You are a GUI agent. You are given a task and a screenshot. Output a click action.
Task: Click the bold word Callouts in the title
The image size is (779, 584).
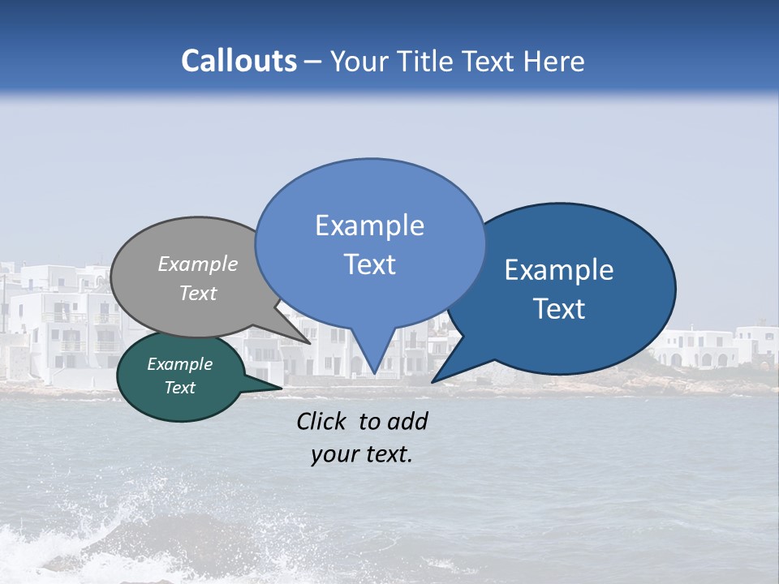point(239,61)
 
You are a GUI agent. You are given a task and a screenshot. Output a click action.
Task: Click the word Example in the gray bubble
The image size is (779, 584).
point(198,264)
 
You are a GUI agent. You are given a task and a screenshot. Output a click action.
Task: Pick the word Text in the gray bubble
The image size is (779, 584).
point(198,293)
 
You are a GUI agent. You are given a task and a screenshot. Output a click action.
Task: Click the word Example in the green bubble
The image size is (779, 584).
point(180,364)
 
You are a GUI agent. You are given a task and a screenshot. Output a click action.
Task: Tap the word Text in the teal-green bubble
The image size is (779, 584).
point(180,388)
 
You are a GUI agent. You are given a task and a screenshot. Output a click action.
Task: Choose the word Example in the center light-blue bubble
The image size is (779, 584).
point(369,225)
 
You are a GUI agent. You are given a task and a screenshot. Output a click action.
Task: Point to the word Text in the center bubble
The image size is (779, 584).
point(369,264)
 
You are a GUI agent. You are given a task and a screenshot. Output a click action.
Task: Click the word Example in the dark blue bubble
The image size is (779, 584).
point(559,270)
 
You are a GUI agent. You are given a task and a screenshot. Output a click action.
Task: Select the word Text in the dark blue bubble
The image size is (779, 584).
point(559,309)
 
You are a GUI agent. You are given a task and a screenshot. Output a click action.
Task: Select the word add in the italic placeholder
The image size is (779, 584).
point(407,421)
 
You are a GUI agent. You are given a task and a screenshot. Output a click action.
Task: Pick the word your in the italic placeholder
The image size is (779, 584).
point(334,455)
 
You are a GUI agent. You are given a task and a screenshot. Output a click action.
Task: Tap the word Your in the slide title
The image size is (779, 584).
point(359,61)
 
